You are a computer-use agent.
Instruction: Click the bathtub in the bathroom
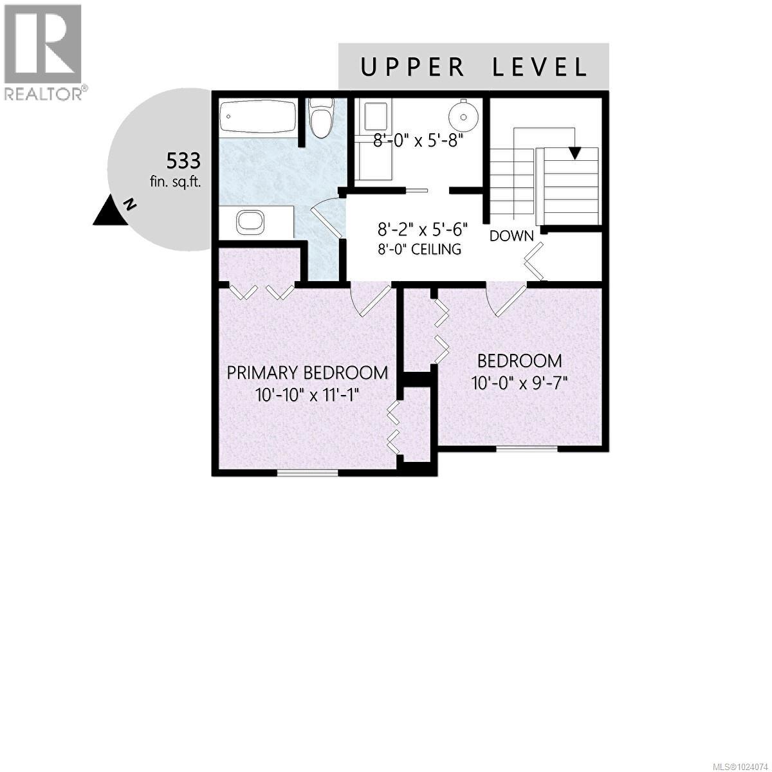click(258, 118)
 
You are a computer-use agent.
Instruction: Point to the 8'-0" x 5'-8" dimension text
click(418, 140)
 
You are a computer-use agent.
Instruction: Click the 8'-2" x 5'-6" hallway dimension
click(422, 228)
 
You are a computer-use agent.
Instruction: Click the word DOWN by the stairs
click(511, 236)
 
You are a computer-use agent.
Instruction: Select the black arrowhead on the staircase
click(574, 153)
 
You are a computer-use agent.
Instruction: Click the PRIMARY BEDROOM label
click(308, 372)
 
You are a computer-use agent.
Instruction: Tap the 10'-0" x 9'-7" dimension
click(519, 383)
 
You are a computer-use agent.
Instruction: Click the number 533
click(183, 160)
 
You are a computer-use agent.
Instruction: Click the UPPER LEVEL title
click(473, 67)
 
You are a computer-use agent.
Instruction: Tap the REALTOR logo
click(43, 51)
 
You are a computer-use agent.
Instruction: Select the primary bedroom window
click(308, 473)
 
